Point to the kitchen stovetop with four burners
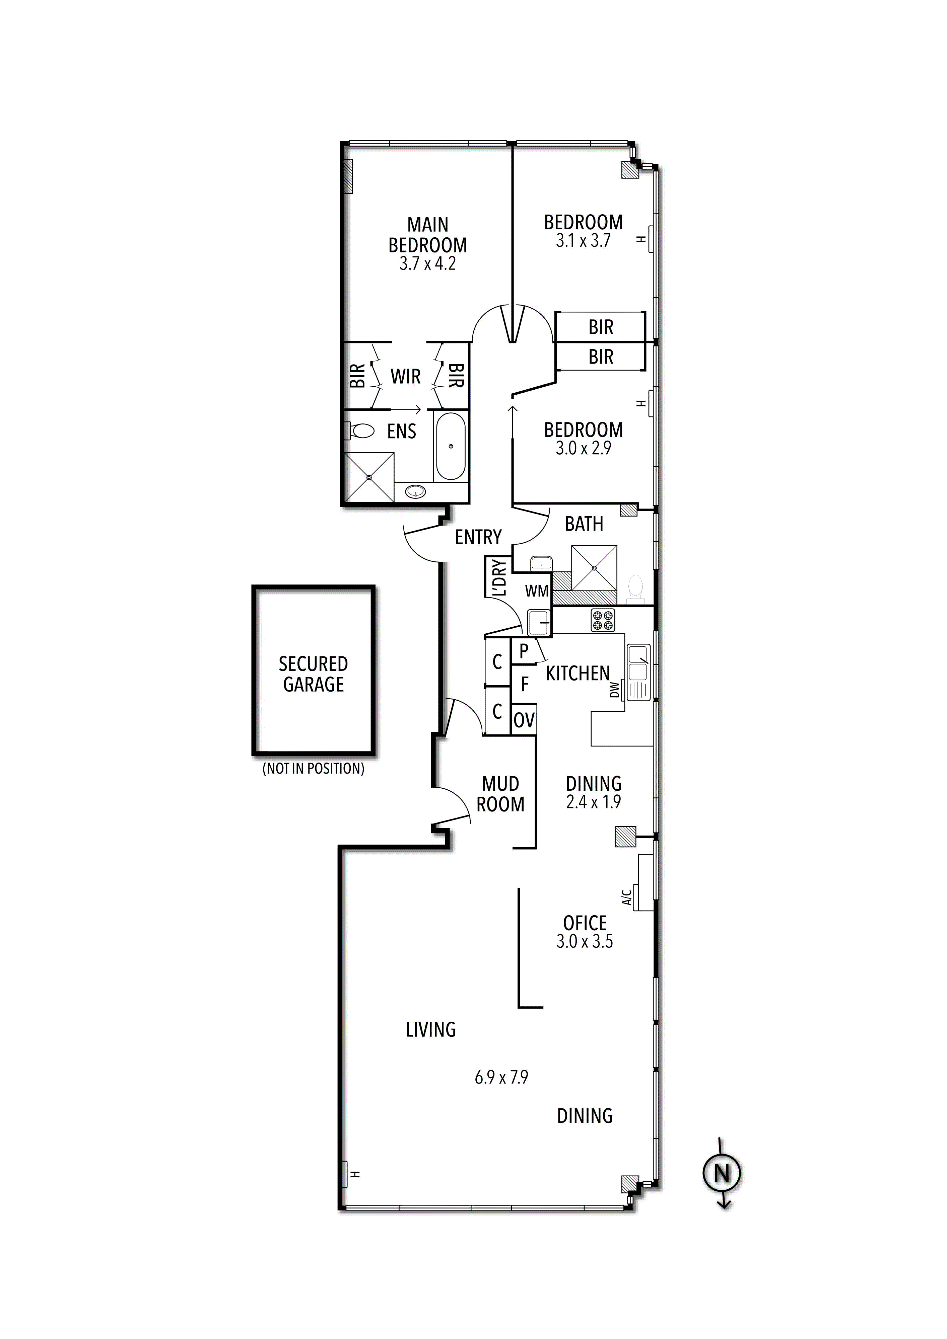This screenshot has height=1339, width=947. coord(603,620)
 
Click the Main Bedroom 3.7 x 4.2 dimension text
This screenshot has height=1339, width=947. coord(428,263)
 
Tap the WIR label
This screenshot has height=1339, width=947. coord(406,376)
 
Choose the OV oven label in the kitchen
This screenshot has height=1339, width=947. coord(524,721)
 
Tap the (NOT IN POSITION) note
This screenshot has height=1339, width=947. coord(313,769)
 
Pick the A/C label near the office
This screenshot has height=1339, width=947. coord(627,897)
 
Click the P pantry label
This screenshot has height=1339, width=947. coord(523,651)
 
